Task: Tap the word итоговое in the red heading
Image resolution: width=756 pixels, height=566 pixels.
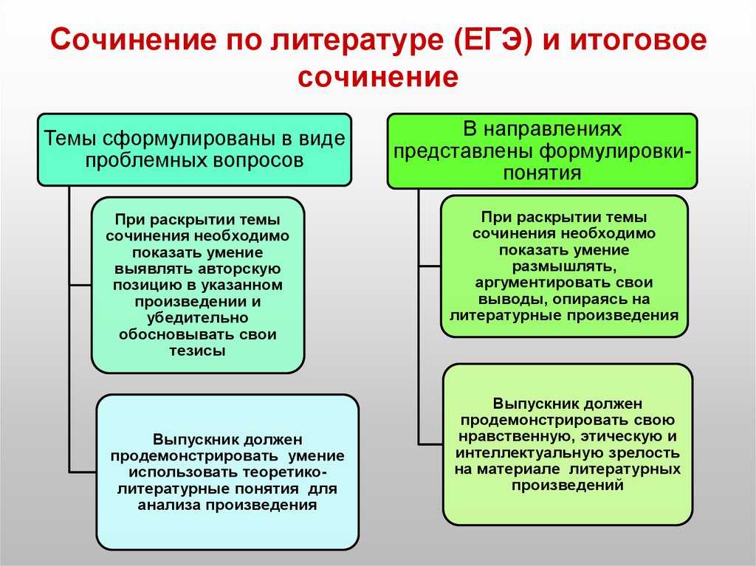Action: (639, 40)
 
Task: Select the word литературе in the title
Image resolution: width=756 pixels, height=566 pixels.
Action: (356, 41)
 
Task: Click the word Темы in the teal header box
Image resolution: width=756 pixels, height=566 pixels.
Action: (70, 139)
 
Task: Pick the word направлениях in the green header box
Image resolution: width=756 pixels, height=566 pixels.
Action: (560, 130)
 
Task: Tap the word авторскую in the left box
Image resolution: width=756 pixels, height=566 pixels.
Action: (239, 269)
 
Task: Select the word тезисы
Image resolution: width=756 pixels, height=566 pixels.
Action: (198, 350)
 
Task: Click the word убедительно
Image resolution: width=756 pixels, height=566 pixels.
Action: (198, 318)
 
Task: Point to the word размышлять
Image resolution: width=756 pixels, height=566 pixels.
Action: (564, 266)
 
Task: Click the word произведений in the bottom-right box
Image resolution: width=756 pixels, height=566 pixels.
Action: (568, 485)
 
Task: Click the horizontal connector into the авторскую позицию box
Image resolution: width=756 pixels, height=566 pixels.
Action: (80, 285)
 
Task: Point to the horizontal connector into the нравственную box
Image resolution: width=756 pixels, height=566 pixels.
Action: (430, 444)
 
